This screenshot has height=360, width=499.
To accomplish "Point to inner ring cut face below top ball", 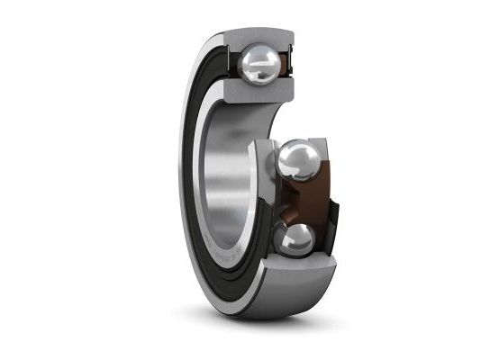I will (x=257, y=94).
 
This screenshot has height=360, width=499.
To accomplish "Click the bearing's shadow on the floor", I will (x=270, y=319).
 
